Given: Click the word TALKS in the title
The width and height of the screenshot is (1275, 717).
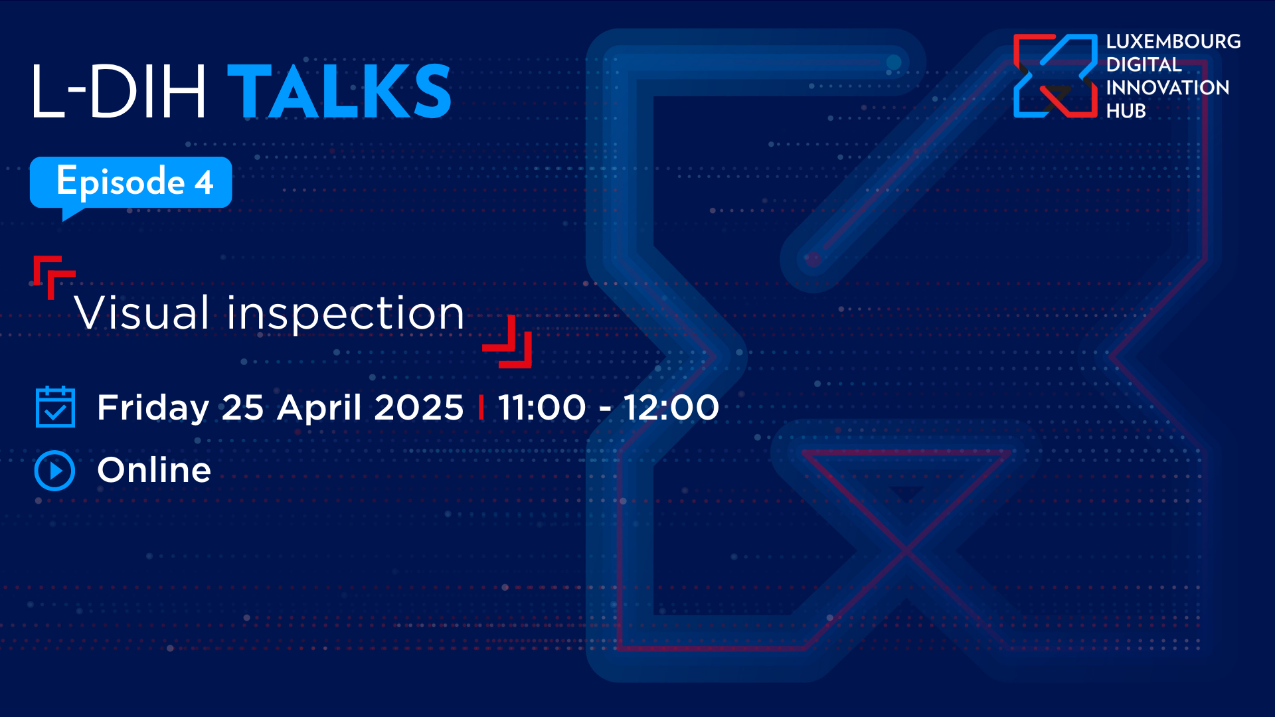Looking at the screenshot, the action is tap(339, 92).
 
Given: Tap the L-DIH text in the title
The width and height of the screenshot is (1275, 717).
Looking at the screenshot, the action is tap(119, 92).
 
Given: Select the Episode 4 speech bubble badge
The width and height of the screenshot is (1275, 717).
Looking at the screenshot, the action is tap(131, 187).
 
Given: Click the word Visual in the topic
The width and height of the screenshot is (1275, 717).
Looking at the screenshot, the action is tap(142, 313).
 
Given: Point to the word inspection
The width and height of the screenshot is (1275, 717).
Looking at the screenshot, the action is tap(345, 315).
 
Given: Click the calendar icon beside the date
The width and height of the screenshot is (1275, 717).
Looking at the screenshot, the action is tap(55, 406).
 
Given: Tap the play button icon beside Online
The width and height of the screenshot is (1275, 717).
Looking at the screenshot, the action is tap(54, 471).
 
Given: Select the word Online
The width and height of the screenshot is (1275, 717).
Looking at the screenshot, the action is tap(154, 470).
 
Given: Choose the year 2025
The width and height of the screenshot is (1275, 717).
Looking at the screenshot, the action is tap(418, 407).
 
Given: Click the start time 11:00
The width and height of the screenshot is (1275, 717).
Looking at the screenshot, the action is tap(542, 407).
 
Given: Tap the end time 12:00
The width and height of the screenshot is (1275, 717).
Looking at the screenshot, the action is tap(671, 407).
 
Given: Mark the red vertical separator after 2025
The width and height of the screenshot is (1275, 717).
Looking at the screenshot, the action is tap(481, 407).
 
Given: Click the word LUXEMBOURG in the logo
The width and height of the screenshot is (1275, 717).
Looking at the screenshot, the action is tap(1173, 41).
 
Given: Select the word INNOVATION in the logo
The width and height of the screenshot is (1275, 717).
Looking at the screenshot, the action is tap(1167, 88).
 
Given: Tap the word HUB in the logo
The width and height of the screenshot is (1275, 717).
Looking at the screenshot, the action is tap(1126, 111).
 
